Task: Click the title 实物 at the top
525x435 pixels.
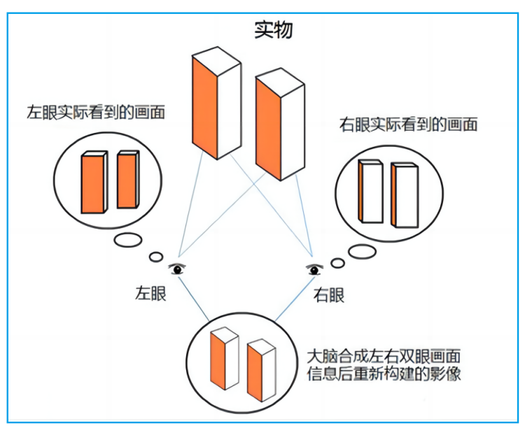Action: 273,30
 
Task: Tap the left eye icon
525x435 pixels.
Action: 177,269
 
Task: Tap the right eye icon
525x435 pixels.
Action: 314,269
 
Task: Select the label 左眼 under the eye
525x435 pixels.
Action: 150,294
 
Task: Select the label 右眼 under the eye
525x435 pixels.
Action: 328,295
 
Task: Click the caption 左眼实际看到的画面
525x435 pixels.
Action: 96,112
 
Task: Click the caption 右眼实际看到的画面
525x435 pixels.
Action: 408,124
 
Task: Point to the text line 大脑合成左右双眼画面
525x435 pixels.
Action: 384,357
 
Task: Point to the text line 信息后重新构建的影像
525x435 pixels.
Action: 384,373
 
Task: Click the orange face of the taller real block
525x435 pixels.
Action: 204,108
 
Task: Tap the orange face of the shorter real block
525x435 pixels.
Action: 268,129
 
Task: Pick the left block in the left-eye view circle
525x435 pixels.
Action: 94,182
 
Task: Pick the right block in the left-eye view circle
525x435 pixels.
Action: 128,179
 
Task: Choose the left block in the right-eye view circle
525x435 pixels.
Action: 370,191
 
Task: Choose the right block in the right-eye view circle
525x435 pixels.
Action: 405,195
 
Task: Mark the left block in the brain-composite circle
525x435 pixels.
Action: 224,358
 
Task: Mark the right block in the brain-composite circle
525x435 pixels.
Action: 262,370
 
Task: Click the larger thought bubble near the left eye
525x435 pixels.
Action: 128,241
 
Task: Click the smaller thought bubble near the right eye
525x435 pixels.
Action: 338,263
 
